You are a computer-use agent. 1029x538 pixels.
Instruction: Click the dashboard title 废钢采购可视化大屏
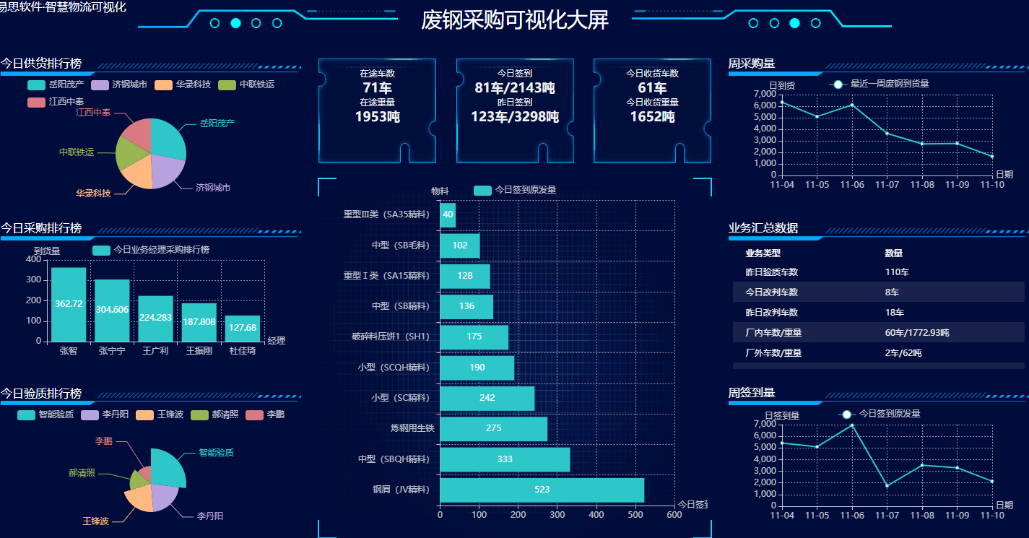coord(515,20)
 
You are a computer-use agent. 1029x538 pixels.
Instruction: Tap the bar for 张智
coord(69,304)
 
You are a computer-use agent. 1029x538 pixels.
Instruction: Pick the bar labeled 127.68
coord(243,328)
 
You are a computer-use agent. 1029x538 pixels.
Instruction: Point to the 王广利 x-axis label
coord(155,351)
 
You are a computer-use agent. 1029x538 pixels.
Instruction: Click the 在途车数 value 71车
coord(377,88)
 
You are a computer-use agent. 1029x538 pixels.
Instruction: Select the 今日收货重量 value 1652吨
coord(652,116)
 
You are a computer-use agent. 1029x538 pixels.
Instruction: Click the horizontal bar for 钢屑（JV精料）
coord(542,490)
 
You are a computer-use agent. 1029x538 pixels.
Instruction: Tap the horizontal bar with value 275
coord(493,428)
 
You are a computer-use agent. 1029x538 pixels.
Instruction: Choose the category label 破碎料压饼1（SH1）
coord(391,337)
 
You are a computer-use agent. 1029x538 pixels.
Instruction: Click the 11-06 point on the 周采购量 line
coord(852,105)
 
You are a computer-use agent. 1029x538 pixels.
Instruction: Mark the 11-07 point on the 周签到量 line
coord(887,485)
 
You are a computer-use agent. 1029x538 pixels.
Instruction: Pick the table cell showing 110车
coord(897,272)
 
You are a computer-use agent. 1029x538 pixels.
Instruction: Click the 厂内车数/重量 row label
coord(773,333)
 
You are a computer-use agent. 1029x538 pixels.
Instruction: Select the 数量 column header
coord(893,253)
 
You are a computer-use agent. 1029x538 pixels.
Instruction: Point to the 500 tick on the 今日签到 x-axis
coord(635,515)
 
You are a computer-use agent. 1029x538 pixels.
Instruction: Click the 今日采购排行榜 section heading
coord(41,228)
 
